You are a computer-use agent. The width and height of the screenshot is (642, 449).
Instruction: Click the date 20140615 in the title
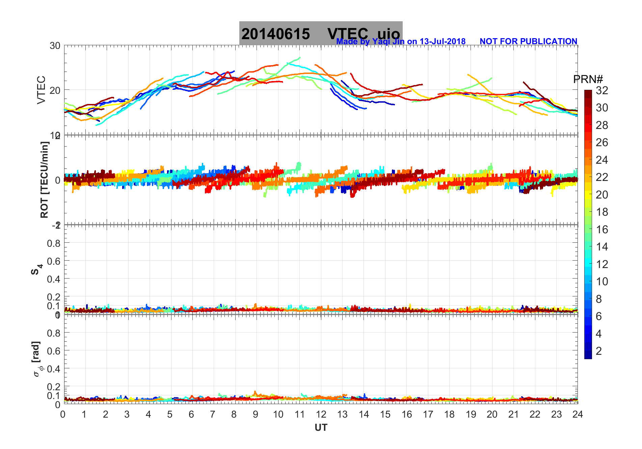(x=275, y=34)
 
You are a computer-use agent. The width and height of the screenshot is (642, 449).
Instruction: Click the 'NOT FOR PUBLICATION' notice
(x=528, y=42)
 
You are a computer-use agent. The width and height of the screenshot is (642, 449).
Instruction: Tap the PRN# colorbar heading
(x=588, y=79)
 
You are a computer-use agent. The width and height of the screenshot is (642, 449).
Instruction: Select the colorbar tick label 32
(x=602, y=90)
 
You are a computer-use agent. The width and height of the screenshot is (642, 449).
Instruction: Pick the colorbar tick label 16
(x=602, y=230)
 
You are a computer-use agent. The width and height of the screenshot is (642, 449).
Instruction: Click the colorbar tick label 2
(x=599, y=351)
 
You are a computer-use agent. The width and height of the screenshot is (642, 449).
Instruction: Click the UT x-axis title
(x=321, y=428)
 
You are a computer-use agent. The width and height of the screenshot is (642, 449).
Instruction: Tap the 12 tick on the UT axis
(x=321, y=415)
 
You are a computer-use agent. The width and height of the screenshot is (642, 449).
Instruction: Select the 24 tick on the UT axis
(x=578, y=415)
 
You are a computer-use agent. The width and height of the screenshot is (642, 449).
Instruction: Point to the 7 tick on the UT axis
(x=213, y=415)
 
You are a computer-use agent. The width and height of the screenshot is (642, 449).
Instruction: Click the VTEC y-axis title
(x=41, y=90)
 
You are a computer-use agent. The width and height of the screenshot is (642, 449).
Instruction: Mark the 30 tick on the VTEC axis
(x=55, y=46)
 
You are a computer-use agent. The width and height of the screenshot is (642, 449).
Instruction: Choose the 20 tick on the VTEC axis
(x=55, y=90)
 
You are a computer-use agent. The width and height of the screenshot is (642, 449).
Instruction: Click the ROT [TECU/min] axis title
(x=44, y=180)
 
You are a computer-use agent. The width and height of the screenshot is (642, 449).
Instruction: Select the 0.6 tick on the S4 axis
(x=54, y=261)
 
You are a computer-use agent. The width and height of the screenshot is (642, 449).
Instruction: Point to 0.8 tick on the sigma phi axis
(x=54, y=333)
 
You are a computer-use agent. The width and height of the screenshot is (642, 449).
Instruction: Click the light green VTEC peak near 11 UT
(x=299, y=58)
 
